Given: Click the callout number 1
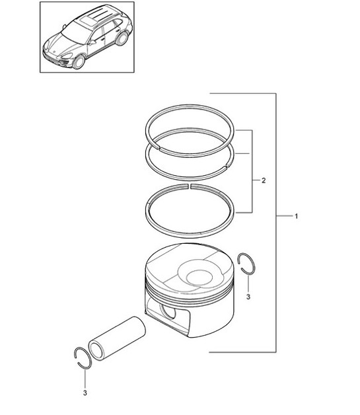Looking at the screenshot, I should [x=297, y=216].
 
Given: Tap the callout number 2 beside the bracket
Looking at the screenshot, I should [x=264, y=180].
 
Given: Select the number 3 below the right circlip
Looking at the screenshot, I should [x=248, y=298].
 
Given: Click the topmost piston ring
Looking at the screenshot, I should [x=190, y=109].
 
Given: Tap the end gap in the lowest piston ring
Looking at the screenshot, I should [x=190, y=186].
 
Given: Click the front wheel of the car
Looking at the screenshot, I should [x=78, y=63].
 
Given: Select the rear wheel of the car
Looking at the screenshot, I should [x=122, y=40].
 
